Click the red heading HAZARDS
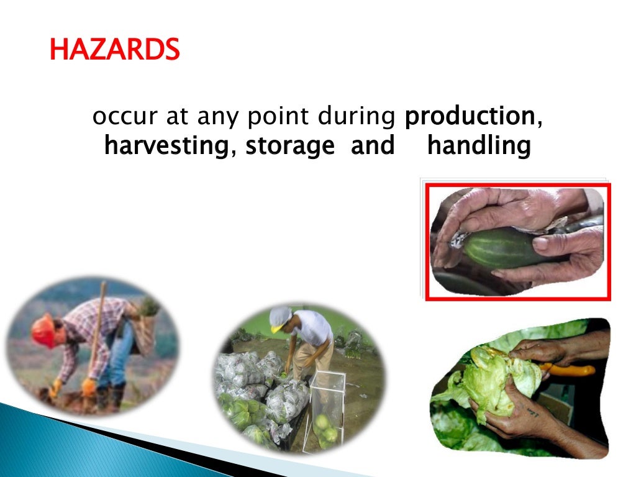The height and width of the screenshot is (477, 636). (x=114, y=49)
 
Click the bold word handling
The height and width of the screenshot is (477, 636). (x=479, y=147)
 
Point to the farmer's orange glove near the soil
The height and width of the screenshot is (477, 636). (x=89, y=386)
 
